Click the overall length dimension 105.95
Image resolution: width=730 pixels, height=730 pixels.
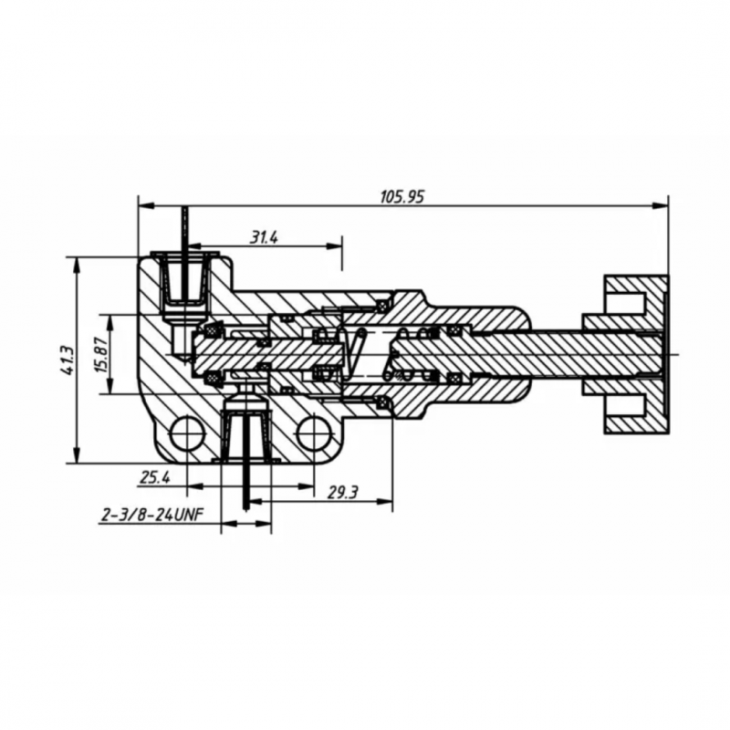point(402,196)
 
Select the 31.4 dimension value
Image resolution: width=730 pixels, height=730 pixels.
point(264,237)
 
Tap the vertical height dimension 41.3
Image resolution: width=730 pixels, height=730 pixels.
point(65,361)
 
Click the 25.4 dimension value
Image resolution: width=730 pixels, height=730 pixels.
point(156,475)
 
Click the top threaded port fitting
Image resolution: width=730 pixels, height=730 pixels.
point(186,281)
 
